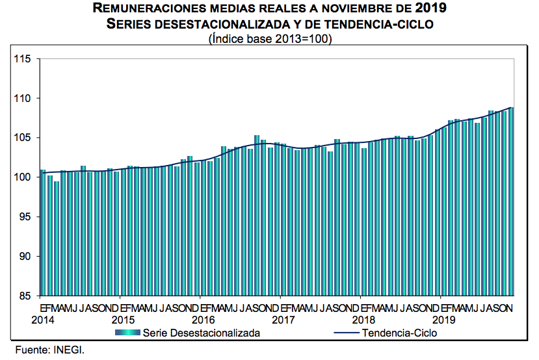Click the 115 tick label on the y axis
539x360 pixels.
[x=23, y=59]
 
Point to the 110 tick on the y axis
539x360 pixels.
[x=23, y=98]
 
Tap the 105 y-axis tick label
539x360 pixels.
[x=23, y=138]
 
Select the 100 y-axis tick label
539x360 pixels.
[x=23, y=177]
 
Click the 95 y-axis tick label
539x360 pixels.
[x=26, y=217]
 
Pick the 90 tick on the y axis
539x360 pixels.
[x=26, y=257]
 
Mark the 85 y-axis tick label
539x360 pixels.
[x=26, y=296]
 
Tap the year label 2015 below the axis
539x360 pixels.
[x=123, y=320]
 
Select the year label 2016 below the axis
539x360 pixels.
[x=204, y=320]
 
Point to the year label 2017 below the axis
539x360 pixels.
[x=284, y=320]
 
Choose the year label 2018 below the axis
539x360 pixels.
[x=365, y=320]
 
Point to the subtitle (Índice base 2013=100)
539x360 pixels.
[x=270, y=39]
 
